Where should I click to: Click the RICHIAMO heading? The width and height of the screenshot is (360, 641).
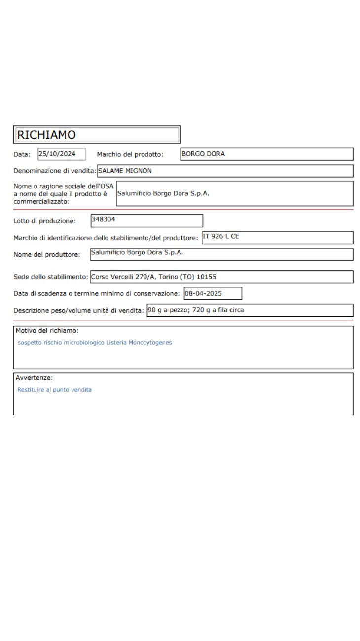point(45,134)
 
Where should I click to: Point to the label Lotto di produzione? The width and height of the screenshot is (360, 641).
point(44,221)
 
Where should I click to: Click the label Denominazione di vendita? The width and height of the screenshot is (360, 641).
point(55,171)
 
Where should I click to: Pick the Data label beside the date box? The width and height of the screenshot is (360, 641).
point(22,154)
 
